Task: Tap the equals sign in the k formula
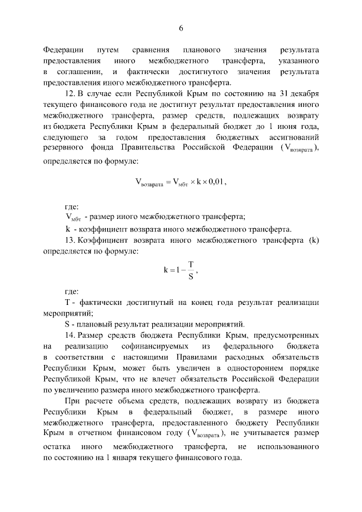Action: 173,270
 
